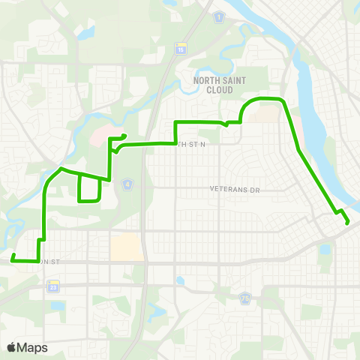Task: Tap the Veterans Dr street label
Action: [x=234, y=190]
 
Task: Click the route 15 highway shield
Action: [x=180, y=49]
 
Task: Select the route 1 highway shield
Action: [x=218, y=16]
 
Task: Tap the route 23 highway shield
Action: [x=53, y=287]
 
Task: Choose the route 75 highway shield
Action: [x=244, y=298]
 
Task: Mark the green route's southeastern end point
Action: [x=347, y=222]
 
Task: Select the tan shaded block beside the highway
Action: [x=126, y=246]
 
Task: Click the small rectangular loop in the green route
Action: [x=89, y=189]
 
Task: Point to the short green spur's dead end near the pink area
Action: [x=124, y=135]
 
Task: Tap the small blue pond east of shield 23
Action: [x=181, y=281]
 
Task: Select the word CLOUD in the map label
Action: [x=219, y=89]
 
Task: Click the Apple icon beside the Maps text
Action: [x=11, y=347]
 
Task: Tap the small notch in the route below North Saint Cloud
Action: [x=226, y=123]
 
